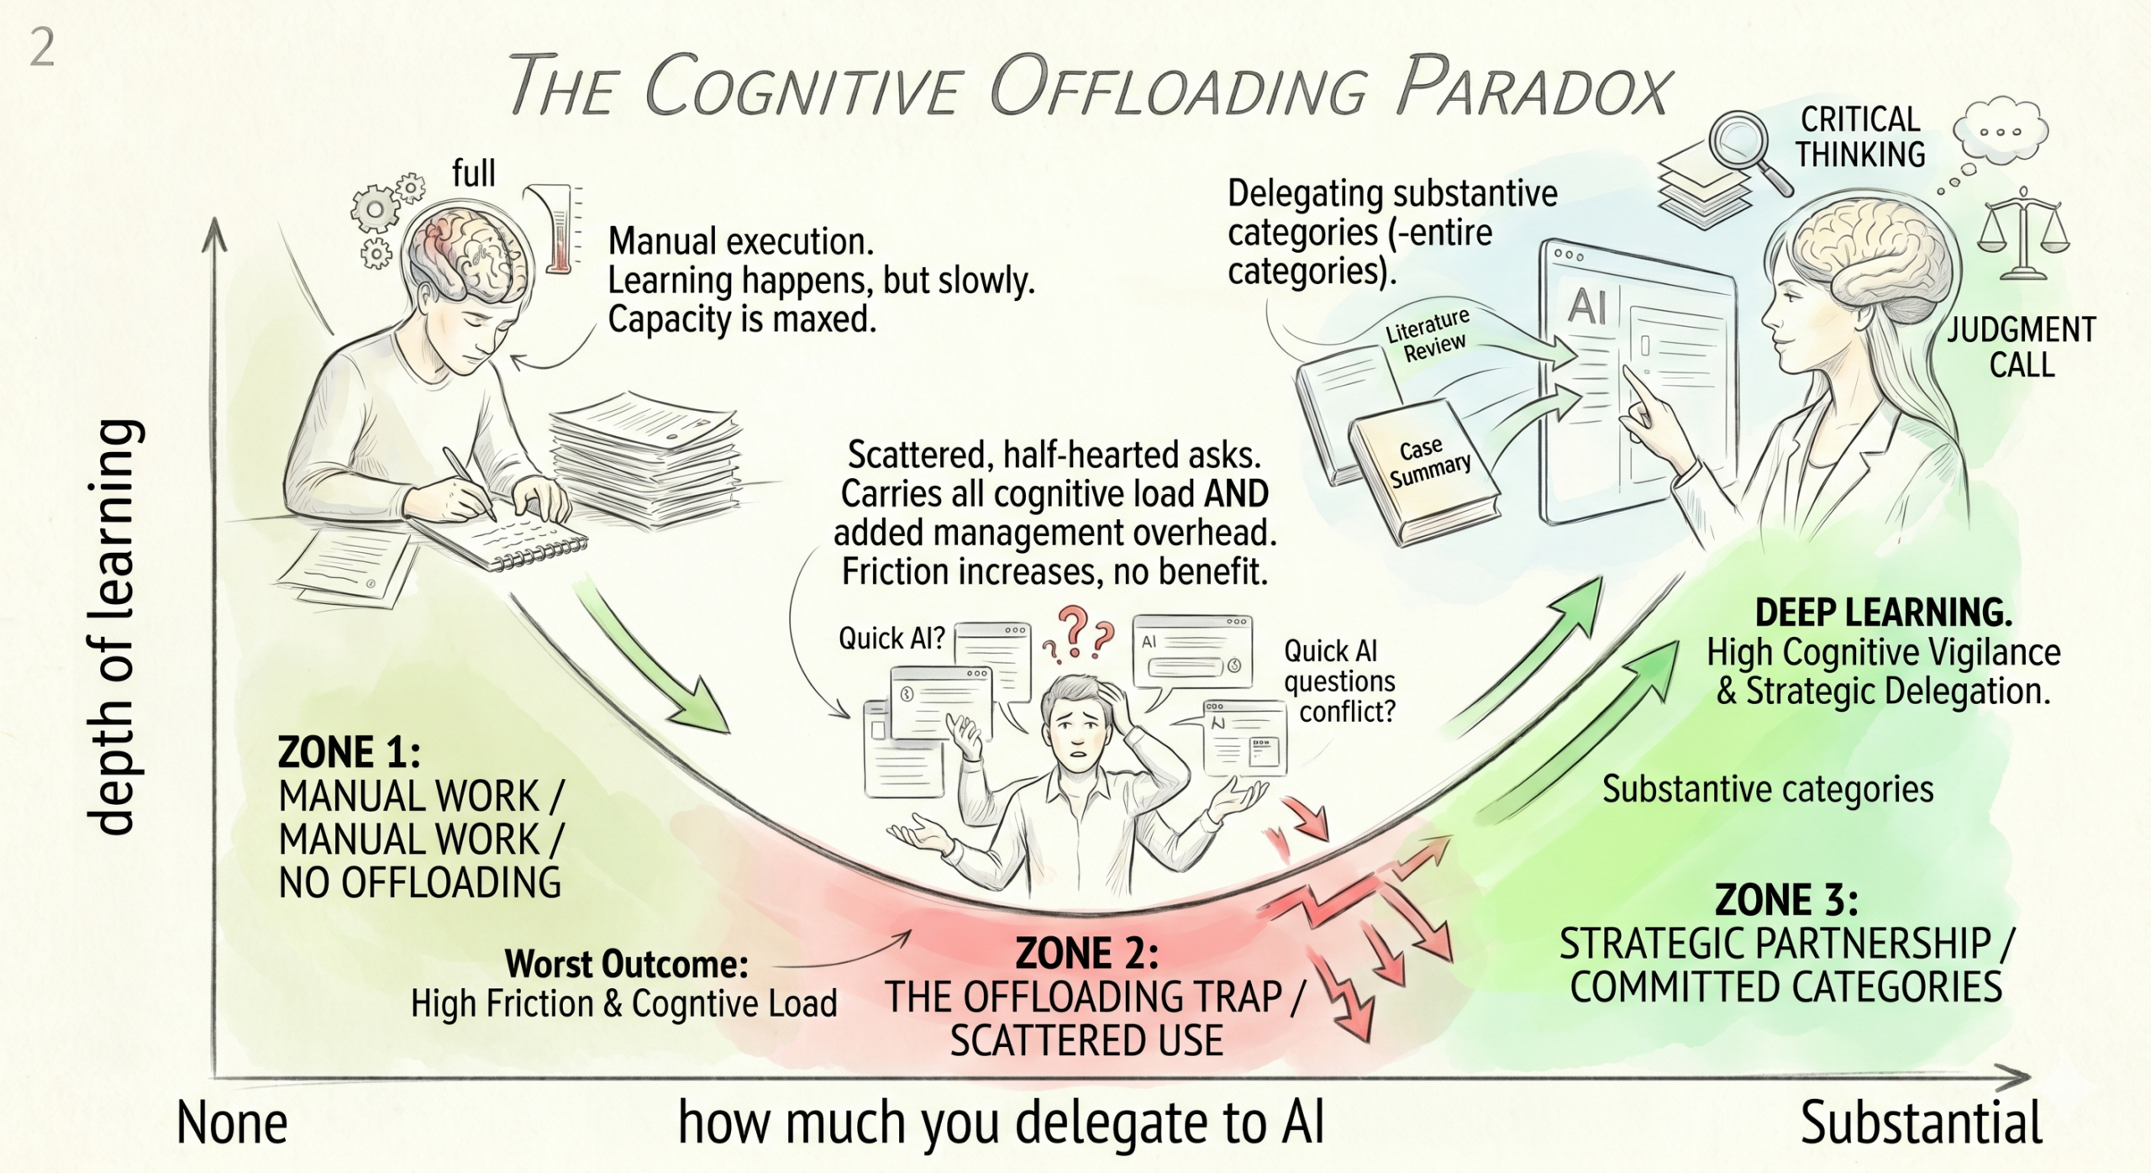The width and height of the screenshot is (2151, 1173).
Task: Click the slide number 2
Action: tap(42, 50)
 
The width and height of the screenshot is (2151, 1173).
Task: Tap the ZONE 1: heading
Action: tap(349, 752)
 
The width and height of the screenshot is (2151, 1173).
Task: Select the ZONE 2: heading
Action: tap(1086, 954)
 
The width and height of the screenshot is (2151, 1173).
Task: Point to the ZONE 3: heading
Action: tap(1786, 900)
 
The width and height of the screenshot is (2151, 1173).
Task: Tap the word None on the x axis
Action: tap(232, 1123)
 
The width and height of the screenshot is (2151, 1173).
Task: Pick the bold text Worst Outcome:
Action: tap(626, 965)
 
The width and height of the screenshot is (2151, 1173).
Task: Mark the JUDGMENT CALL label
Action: tap(2022, 347)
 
